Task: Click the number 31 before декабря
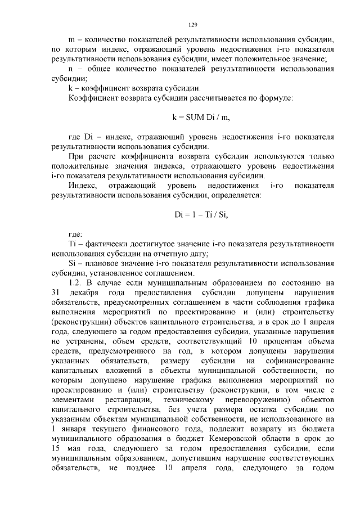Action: click(55, 293)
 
